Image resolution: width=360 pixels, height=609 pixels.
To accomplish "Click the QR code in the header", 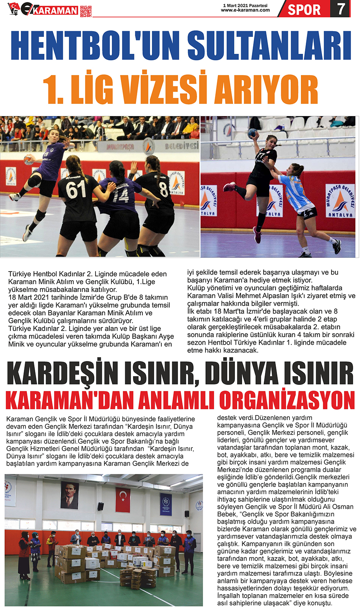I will pos(86,11).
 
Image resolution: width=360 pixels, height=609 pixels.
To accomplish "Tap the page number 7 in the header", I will pos(341,9).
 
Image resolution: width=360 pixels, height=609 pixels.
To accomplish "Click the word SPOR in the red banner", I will pos(304,9).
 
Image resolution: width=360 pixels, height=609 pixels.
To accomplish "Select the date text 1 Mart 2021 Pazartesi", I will pos(245,6).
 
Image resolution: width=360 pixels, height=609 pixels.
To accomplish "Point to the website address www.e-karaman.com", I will pos(245,10).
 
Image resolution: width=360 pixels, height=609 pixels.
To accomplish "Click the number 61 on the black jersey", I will pos(77,190).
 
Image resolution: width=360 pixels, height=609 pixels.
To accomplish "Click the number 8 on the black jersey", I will pos(163,188).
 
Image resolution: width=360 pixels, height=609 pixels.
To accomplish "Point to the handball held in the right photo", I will pos(252,133).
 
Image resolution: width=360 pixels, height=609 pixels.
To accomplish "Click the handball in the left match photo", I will pos(29,160).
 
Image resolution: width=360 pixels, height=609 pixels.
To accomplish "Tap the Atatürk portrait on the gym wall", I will pos(69,495).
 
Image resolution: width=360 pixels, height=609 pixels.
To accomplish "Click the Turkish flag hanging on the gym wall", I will pos(122,500).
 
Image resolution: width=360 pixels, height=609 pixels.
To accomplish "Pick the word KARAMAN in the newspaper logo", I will pos(55,11).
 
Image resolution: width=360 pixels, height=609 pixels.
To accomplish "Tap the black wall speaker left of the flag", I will pos(100,506).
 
